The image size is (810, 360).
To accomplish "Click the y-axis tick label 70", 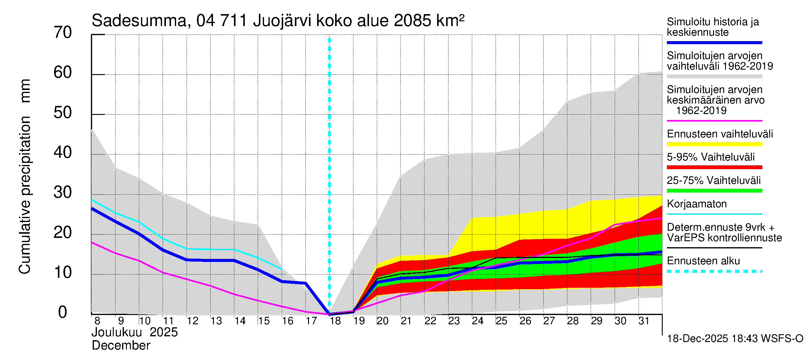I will click(x=63, y=33).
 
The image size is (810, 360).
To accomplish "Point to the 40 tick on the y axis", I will click(x=63, y=153).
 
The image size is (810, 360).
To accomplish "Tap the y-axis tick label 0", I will click(x=63, y=313).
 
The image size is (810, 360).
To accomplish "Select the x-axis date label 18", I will click(x=335, y=321).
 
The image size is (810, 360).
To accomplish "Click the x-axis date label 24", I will click(x=477, y=321).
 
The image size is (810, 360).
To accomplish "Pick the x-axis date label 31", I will click(x=644, y=321).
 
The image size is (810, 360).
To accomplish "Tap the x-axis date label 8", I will click(x=97, y=321).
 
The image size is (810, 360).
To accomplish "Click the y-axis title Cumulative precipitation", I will click(x=25, y=195).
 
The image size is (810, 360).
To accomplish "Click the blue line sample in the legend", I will click(x=714, y=42).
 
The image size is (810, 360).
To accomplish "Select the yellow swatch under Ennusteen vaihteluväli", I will click(x=714, y=144).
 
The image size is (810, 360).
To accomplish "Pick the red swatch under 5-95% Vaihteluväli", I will click(x=714, y=167).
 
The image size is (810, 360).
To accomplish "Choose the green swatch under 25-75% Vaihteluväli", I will click(x=714, y=190).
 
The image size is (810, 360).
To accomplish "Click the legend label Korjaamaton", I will click(x=697, y=204).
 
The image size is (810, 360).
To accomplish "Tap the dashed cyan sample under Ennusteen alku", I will click(x=714, y=271).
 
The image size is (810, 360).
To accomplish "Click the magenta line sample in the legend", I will click(x=714, y=121).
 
